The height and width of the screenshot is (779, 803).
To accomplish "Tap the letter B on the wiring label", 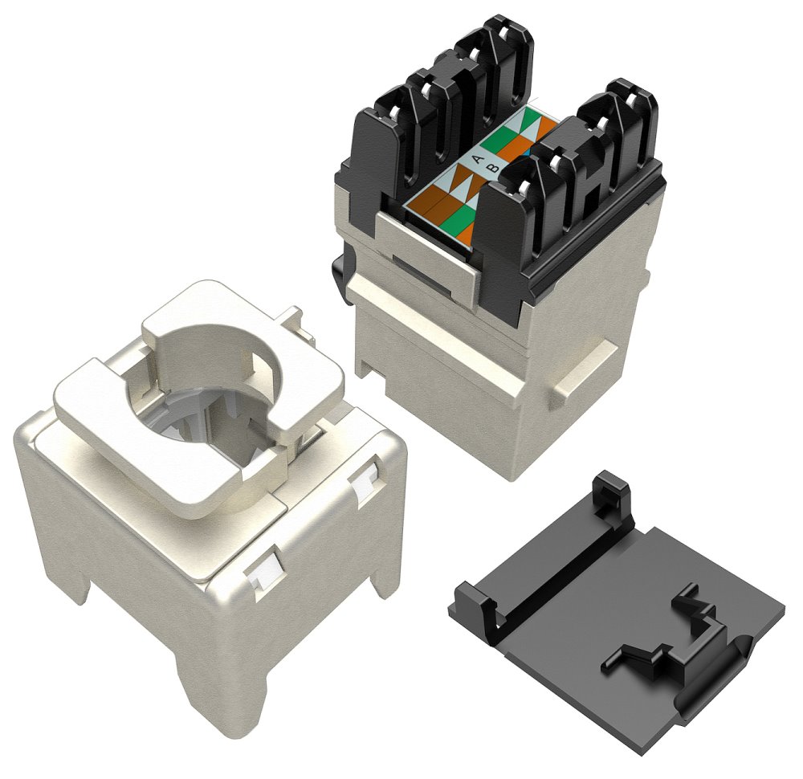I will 493,169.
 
